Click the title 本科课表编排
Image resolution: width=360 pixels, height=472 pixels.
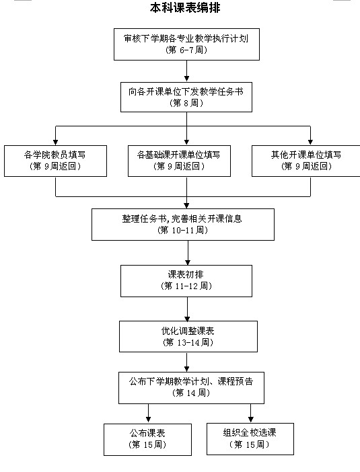coord(185,7)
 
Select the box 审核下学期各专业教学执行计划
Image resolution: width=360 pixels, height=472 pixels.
coord(186,44)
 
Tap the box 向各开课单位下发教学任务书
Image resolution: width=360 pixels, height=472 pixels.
coord(186,97)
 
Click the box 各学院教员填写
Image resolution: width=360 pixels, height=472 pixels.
coord(55,161)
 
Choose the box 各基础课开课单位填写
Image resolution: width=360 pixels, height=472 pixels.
coord(179,161)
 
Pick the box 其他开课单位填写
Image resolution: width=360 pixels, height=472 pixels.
coord(305,161)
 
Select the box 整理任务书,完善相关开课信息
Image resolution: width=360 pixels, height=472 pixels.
coord(183,225)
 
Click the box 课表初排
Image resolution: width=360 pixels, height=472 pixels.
coord(186,281)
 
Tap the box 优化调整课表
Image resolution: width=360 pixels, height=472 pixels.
coord(188,337)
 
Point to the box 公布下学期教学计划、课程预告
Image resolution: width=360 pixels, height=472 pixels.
coord(191,388)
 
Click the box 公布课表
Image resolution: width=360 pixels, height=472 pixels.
coord(147,440)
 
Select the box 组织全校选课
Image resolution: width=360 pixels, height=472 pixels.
coord(250,439)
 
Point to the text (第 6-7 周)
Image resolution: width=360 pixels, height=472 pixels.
coord(186,50)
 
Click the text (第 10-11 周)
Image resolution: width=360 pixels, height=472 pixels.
coord(183,230)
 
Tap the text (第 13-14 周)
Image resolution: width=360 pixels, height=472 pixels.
coord(188,342)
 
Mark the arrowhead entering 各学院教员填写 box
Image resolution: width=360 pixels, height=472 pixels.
coord(55,143)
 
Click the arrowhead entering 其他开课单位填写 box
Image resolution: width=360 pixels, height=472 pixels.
coord(310,143)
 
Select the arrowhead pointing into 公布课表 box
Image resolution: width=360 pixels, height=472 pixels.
coord(148,420)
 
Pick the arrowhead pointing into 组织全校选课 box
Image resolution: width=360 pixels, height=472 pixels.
coord(250,420)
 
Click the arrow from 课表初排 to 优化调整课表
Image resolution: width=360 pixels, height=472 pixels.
coord(187,309)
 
